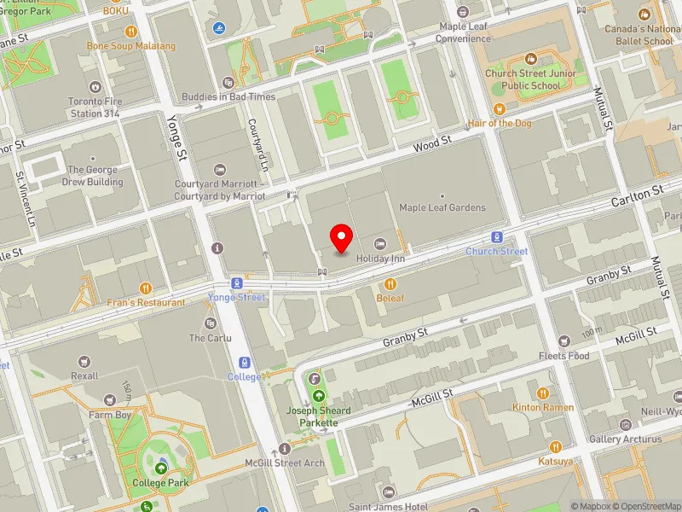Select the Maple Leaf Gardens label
pyautogui.click(x=442, y=207)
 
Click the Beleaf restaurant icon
pyautogui.click(x=390, y=283)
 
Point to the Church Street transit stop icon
pyautogui.click(x=496, y=237)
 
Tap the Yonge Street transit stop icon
pyautogui.click(x=237, y=283)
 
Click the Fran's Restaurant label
pyautogui.click(x=146, y=302)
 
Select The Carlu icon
pyautogui.click(x=210, y=323)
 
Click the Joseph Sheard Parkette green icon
pyautogui.click(x=319, y=396)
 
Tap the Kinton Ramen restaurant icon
pyautogui.click(x=543, y=393)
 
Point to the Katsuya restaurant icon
pyautogui.click(x=555, y=446)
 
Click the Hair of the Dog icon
pyautogui.click(x=500, y=108)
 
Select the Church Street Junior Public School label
pyautogui.click(x=531, y=79)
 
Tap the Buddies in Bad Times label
pyautogui.click(x=228, y=96)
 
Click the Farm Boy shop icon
pyautogui.click(x=109, y=400)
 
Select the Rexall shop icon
pyautogui.click(x=85, y=361)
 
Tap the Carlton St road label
pyautogui.click(x=637, y=198)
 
